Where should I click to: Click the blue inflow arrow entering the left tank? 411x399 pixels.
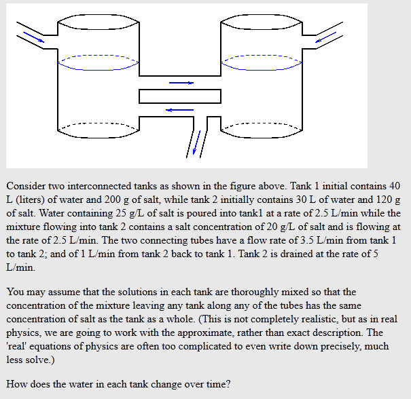click(33, 35)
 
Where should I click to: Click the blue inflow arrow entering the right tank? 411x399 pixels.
click(326, 35)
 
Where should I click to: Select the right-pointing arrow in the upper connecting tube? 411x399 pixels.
click(181, 83)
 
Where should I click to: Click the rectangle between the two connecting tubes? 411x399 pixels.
click(180, 96)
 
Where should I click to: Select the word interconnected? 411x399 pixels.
click(99, 185)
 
